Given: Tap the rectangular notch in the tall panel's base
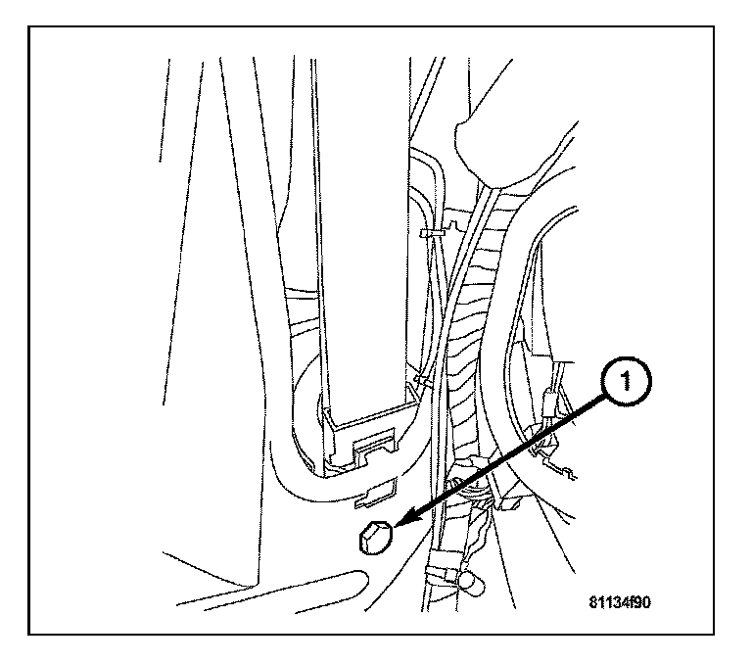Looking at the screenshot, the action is [372, 450].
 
